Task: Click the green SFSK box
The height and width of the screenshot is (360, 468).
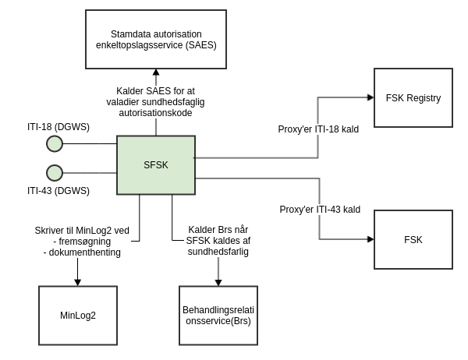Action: coord(156,164)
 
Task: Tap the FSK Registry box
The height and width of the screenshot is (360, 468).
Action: coord(413,97)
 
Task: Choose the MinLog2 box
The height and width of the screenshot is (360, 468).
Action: coord(78,316)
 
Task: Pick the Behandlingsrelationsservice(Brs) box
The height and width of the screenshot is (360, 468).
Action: coord(218,316)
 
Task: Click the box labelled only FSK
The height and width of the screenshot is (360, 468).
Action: coord(413,239)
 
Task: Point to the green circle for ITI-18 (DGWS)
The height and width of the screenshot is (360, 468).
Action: coord(55,143)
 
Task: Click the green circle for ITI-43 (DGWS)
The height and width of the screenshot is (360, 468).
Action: coord(55,172)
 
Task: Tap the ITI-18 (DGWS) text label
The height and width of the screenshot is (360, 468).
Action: coord(58,126)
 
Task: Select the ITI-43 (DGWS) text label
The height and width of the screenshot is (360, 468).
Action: coord(58,191)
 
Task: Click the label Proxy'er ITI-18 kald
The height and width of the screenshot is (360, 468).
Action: coord(318,129)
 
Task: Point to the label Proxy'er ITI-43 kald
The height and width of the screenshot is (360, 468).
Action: coord(320,209)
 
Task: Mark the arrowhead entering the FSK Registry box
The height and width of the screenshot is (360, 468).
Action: coord(370,97)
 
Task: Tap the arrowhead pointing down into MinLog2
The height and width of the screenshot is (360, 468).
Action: coord(78,282)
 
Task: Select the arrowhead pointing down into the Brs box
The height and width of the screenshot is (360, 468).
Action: coord(218,282)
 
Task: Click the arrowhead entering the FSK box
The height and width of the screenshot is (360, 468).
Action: coord(370,240)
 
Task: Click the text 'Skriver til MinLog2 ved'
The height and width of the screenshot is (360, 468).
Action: coord(83,230)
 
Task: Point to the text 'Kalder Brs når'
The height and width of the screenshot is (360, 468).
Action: coord(218,230)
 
